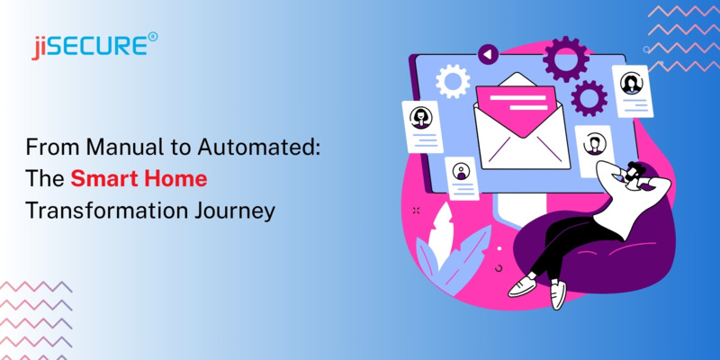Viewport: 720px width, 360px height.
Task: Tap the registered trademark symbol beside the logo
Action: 153,37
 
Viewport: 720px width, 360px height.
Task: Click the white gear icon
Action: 452,81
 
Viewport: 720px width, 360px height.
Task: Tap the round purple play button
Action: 489,55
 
